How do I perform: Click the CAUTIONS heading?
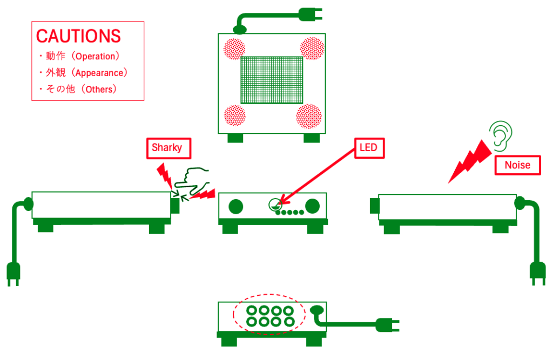[x=78, y=36]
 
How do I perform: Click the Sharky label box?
[x=168, y=148]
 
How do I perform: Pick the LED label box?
[x=369, y=147]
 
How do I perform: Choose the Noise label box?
[x=517, y=165]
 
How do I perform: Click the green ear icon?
[x=502, y=134]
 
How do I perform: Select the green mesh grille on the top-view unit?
[x=272, y=80]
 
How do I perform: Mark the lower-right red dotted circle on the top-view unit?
[x=308, y=115]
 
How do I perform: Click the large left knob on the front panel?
[x=236, y=206]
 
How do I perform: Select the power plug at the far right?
[x=537, y=273]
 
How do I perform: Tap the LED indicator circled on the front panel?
[x=275, y=205]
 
